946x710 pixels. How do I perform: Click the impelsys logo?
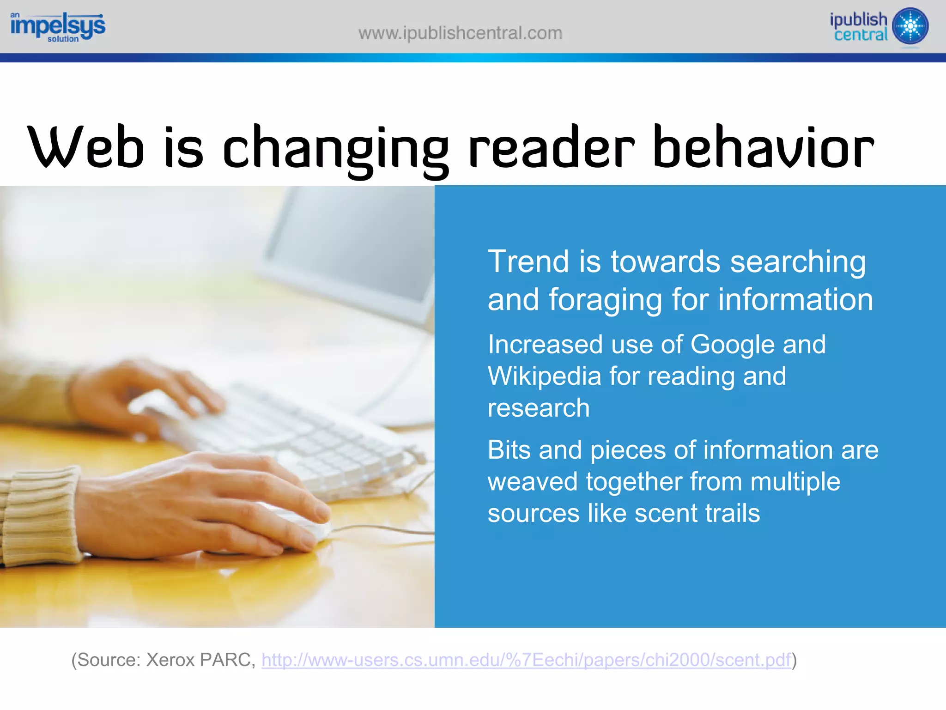58,27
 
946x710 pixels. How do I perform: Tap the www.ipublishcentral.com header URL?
460,33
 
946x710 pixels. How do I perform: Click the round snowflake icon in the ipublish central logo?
910,26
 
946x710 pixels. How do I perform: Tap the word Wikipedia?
544,376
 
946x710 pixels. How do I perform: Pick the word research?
539,408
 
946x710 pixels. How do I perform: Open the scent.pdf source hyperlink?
526,660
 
